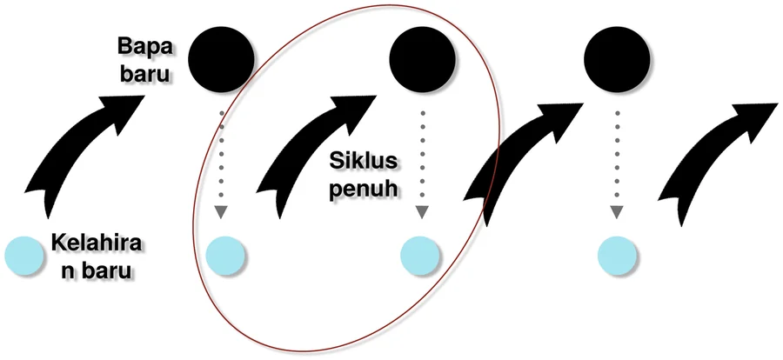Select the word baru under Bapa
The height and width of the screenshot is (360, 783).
(x=145, y=73)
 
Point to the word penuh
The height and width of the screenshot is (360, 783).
(x=363, y=189)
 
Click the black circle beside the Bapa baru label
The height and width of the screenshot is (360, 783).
(x=221, y=59)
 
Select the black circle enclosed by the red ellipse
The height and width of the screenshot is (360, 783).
(x=423, y=59)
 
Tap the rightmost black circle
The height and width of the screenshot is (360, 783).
(x=617, y=59)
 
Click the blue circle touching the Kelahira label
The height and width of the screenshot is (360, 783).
(x=23, y=256)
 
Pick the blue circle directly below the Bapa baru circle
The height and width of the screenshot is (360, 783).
(x=225, y=256)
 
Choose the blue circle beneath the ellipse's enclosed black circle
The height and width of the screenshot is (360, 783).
(x=420, y=256)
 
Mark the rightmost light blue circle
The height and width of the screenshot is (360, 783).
(x=617, y=256)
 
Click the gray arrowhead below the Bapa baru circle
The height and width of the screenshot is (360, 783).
(x=221, y=212)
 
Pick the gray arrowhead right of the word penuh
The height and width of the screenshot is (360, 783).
(x=423, y=212)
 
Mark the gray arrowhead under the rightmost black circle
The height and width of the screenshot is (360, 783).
(x=617, y=212)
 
